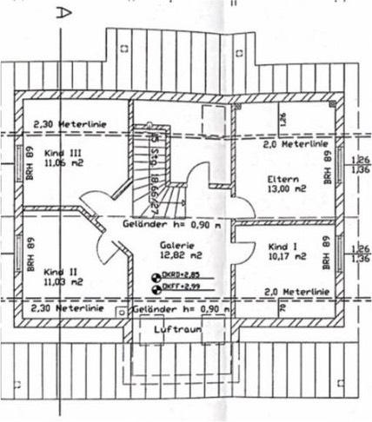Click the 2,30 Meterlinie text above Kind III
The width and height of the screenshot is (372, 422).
pyautogui.click(x=70, y=125)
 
